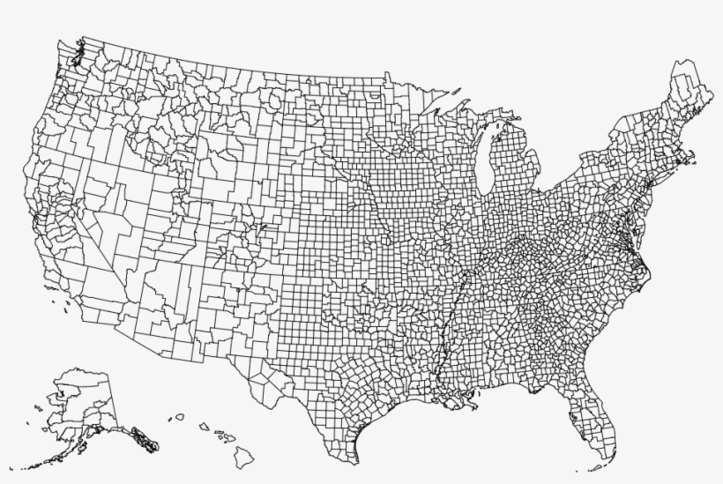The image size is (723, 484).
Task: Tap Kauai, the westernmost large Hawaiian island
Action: click(x=179, y=417)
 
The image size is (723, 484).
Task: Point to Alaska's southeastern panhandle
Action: click(x=141, y=436)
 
